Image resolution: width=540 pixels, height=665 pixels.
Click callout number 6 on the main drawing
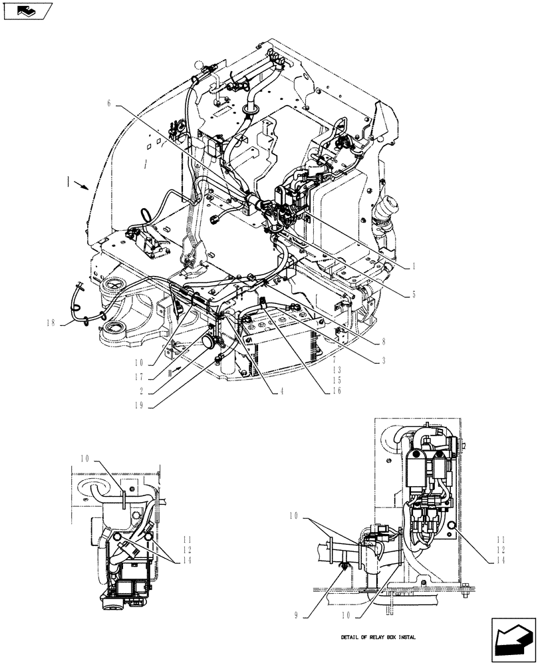click(x=108, y=104)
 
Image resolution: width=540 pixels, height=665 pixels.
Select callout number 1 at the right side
click(x=413, y=265)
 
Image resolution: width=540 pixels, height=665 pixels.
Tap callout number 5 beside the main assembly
click(x=413, y=294)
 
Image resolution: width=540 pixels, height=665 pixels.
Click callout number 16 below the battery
click(x=338, y=391)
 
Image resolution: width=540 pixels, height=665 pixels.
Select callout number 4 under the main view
click(x=282, y=391)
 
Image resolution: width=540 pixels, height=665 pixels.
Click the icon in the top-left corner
click(x=27, y=11)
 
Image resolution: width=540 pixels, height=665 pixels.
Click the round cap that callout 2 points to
click(x=209, y=342)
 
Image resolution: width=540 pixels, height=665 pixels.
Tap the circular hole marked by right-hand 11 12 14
click(x=452, y=527)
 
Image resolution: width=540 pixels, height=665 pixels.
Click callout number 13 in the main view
click(x=338, y=370)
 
